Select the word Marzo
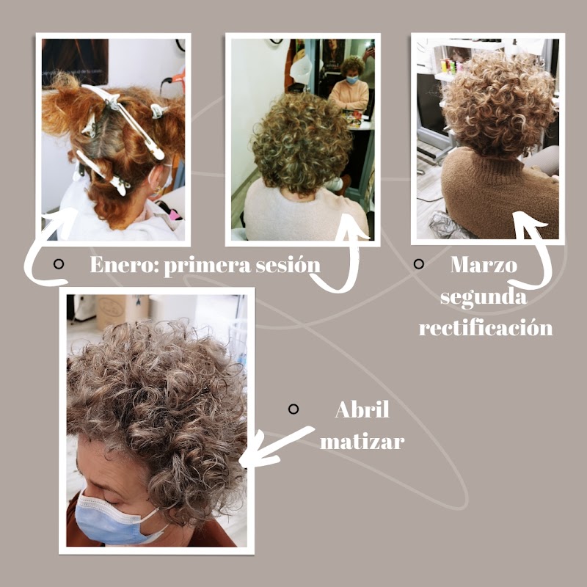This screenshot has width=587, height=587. click(x=484, y=264)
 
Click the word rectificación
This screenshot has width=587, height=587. click(x=485, y=327)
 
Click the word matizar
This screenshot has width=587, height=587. click(x=362, y=442)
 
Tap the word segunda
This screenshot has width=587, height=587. click(x=484, y=296)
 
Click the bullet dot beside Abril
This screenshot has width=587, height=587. click(x=293, y=409)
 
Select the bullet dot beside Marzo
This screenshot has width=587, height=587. click(x=419, y=263)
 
